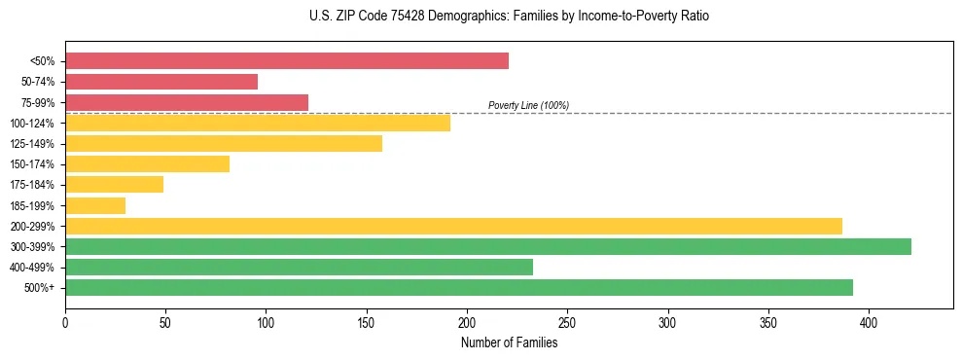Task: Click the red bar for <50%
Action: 287,61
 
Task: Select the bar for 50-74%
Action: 161,82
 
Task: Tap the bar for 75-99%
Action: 187,102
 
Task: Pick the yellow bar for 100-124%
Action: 258,123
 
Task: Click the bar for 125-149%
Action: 224,144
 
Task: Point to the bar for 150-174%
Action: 147,164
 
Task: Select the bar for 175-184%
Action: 114,185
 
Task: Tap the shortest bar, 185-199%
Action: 95,205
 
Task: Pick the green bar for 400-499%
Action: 299,267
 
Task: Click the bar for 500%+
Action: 459,287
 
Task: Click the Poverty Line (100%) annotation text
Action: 528,105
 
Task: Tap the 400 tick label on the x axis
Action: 869,322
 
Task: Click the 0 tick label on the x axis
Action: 65,322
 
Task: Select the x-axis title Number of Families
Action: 509,342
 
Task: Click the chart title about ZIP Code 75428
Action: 481,17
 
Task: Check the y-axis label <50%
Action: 44,61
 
